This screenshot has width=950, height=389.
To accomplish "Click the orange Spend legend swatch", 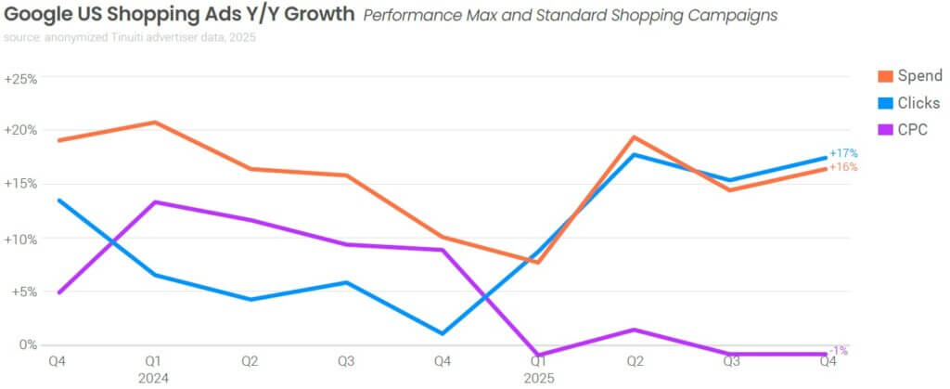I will point(884,76).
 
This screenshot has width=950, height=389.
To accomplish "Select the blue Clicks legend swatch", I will point(884,103).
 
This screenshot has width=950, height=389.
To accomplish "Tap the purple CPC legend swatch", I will point(884,130).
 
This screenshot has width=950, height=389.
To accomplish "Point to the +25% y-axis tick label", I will point(20,79).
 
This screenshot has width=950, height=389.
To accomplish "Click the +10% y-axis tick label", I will point(20,239).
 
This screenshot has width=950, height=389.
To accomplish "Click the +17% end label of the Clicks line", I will point(843,152).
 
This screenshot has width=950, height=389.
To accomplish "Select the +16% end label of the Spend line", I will point(843,167).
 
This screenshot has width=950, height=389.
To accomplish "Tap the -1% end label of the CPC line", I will point(839,351).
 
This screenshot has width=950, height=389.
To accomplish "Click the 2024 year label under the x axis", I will point(153,377).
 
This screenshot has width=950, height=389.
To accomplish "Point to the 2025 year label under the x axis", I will point(537,377).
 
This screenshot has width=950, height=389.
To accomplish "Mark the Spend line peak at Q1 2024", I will point(153,123).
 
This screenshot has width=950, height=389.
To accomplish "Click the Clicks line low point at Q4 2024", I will point(442,333).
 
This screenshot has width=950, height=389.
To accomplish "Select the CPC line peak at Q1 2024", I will point(153,201).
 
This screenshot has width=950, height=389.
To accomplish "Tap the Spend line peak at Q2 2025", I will point(634,137).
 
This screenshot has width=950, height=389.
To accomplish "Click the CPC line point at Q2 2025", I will point(634,330).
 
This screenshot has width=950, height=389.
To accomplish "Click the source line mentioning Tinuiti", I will point(130,38).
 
